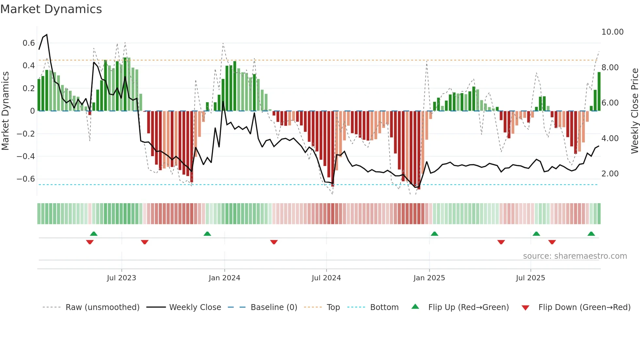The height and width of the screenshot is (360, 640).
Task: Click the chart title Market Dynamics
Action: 51,9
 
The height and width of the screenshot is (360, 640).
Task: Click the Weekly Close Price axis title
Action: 634,111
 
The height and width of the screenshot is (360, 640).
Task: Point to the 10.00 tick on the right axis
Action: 612,32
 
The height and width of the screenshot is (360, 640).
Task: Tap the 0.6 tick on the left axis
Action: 29,43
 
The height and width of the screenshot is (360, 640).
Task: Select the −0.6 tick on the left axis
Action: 26,179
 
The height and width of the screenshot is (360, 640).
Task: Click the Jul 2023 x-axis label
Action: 121,278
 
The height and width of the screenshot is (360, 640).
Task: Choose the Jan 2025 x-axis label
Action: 429,278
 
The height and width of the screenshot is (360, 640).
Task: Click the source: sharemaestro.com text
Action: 575,256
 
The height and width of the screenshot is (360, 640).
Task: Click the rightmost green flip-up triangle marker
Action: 591,234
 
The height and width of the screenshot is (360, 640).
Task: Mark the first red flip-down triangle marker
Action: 90,242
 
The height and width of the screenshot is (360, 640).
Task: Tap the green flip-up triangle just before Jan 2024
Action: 207,234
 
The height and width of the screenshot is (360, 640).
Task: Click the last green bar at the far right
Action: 599,91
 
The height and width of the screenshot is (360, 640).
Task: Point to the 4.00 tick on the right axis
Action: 610,139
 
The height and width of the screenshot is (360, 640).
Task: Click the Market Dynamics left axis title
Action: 5,111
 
